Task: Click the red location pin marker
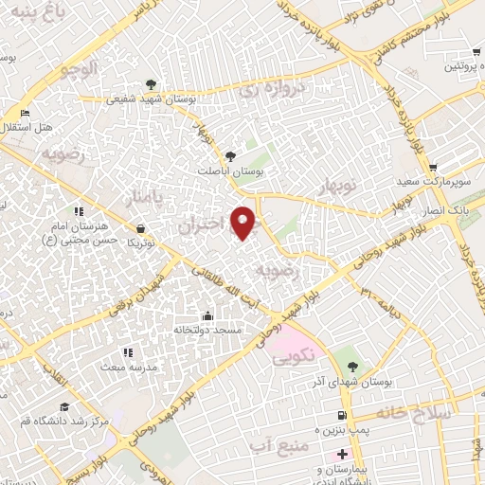tap(245, 222)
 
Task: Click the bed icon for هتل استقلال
tap(25, 113)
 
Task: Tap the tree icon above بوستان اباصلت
tap(231, 154)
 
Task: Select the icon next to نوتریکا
tap(141, 228)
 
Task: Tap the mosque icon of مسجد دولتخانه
tap(208, 315)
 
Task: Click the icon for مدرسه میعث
tap(128, 352)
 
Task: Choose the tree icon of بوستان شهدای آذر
tap(352, 366)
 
